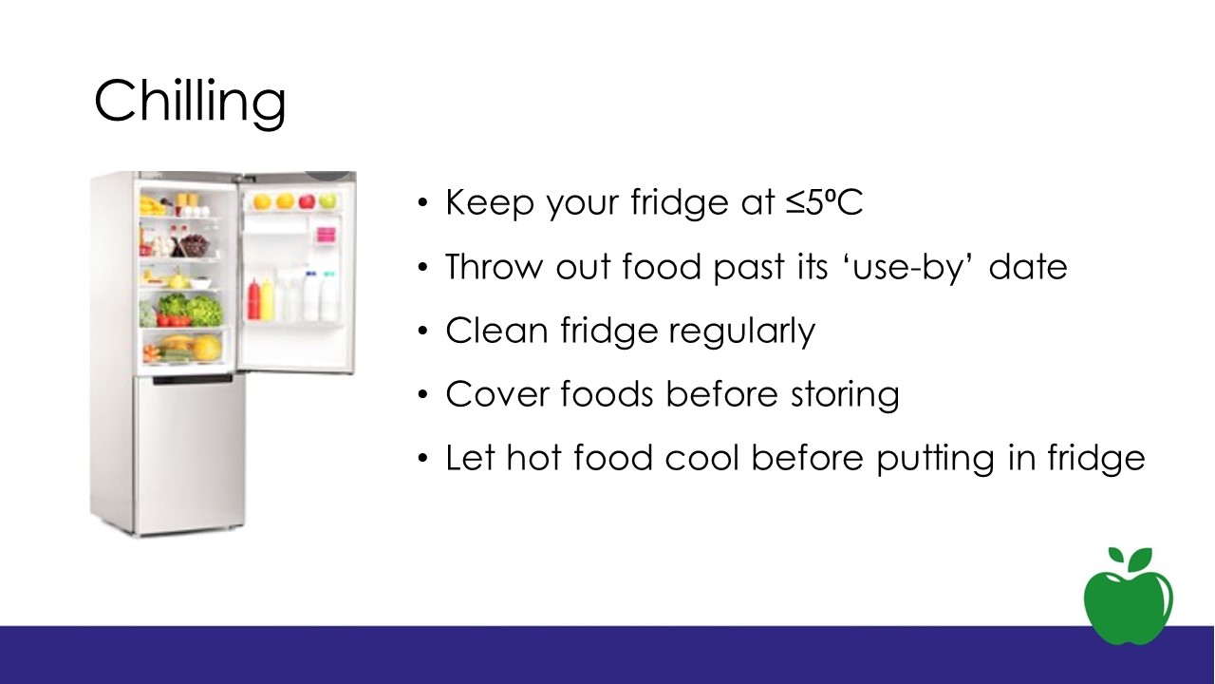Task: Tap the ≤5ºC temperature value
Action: coord(824,202)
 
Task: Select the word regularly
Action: coord(742,332)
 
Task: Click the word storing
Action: coord(845,395)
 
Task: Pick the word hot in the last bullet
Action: coord(533,458)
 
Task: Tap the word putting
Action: coord(936,459)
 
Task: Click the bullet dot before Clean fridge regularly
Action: coord(423,331)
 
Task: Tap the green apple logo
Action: coord(1129,596)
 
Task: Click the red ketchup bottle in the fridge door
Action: coord(253,299)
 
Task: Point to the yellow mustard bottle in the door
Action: coord(267,299)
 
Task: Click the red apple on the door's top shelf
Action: coord(307,200)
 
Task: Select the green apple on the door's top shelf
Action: coord(327,200)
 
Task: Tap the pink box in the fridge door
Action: coord(326,235)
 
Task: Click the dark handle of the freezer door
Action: coord(193,379)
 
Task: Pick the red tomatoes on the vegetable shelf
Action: coord(174,320)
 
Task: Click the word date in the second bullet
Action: coord(1028,267)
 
